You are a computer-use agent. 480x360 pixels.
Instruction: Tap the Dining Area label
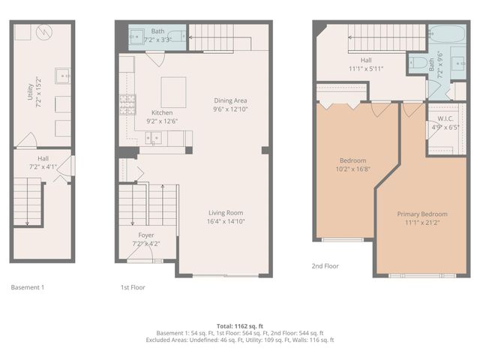click(230, 100)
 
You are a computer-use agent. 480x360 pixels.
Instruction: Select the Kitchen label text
click(163, 113)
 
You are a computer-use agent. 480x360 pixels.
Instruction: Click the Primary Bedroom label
click(421, 214)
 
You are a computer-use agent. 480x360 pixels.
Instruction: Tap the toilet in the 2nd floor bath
click(418, 64)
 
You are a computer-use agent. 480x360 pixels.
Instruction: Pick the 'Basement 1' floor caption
click(28, 287)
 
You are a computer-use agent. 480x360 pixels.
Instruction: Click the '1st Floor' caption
click(133, 287)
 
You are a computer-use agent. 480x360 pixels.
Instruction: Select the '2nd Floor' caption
click(325, 265)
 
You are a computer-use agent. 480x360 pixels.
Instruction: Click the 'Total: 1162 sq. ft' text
click(239, 326)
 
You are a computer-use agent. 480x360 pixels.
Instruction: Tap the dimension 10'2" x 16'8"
click(352, 169)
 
